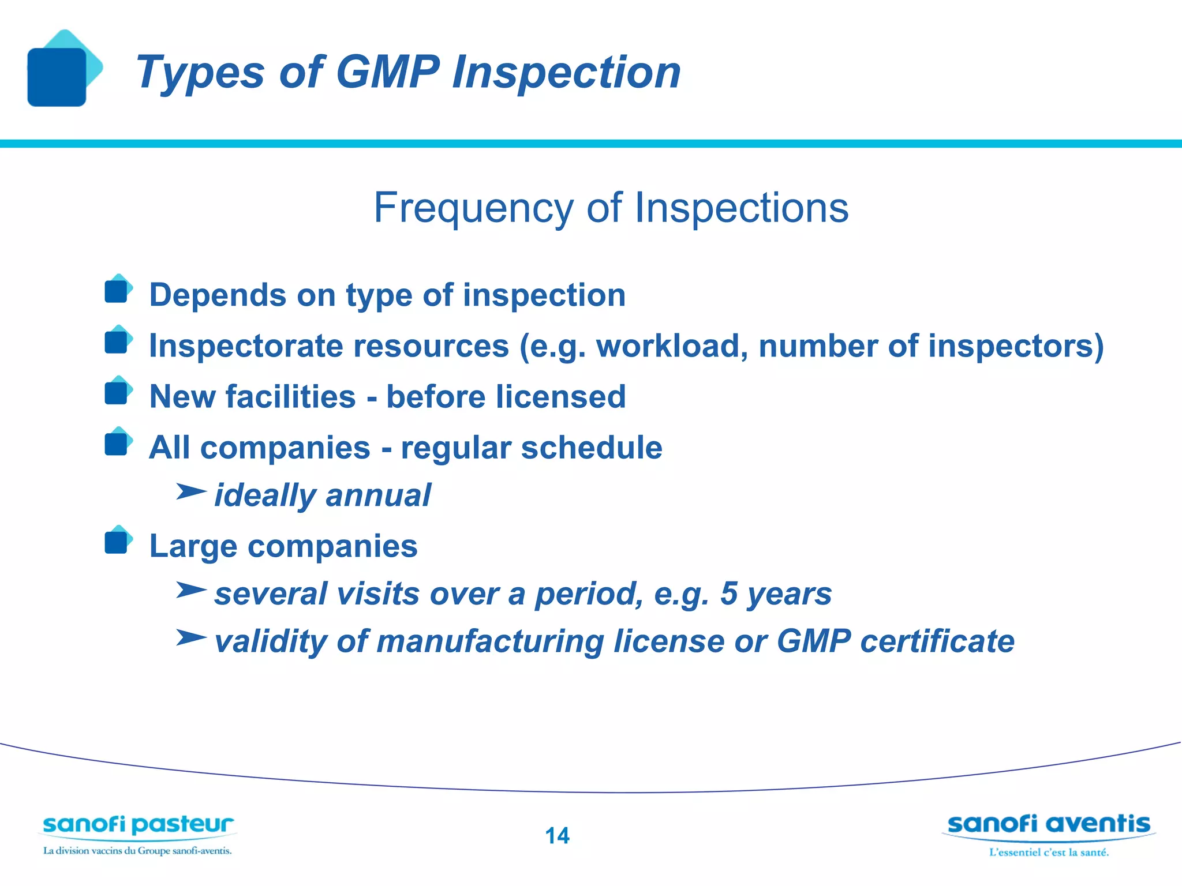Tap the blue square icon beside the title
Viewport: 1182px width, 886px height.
click(x=57, y=77)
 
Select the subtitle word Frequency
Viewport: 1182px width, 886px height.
click(x=474, y=208)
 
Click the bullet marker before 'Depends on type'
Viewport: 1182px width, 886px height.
click(x=117, y=291)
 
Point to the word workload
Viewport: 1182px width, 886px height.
click(x=672, y=346)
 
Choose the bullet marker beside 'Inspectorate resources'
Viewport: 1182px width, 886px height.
click(x=117, y=341)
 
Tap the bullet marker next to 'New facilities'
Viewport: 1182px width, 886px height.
click(x=117, y=393)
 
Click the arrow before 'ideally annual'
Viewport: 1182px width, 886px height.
click(x=190, y=492)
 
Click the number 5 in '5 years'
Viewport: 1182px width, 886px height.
click(x=729, y=594)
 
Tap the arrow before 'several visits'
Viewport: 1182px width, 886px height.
click(x=190, y=590)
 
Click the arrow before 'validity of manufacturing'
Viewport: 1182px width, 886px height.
click(x=190, y=638)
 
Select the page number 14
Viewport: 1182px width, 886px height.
click(x=557, y=836)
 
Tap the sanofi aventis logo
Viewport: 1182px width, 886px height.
click(x=1049, y=825)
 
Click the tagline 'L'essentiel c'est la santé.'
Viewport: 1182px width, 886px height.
click(x=1049, y=853)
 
